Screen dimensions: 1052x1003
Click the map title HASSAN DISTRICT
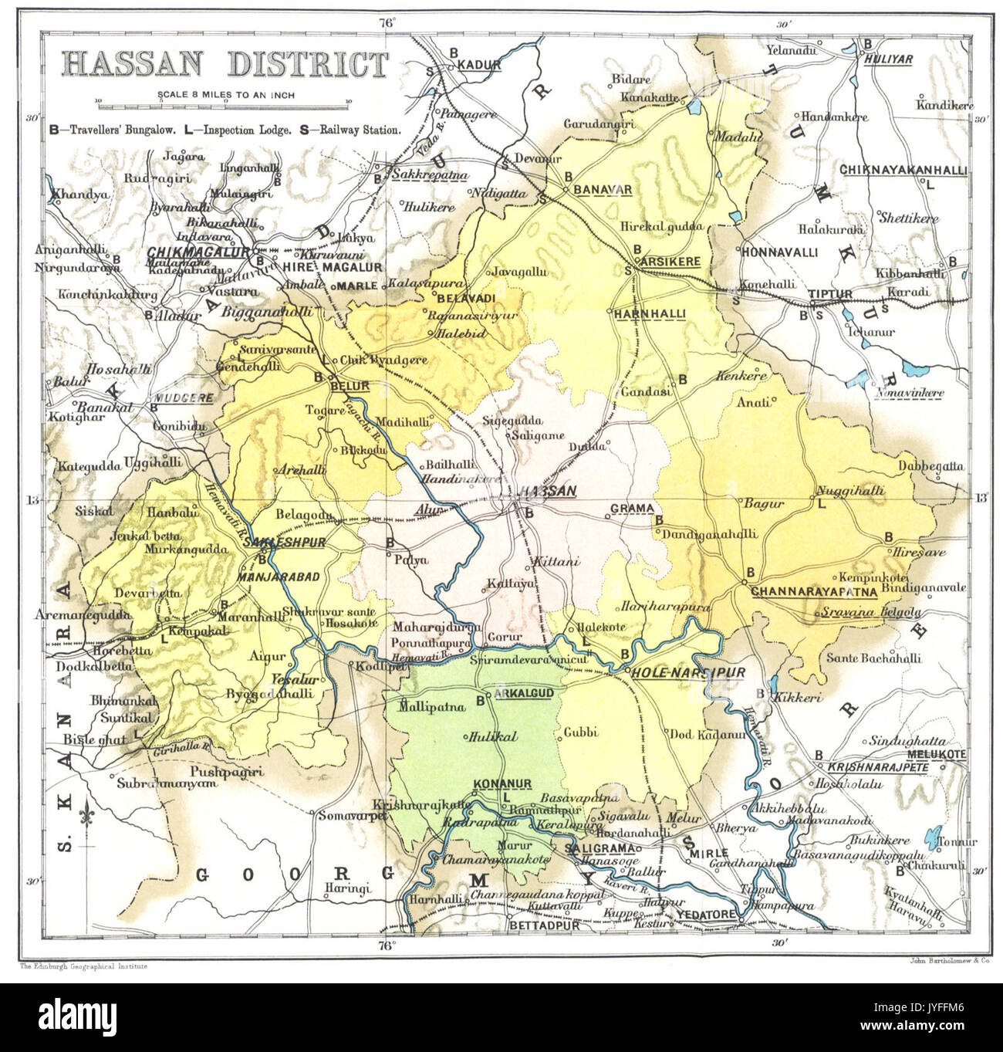tap(225, 64)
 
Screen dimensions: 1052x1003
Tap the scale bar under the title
tap(223, 101)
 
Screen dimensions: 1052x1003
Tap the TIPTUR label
tap(829, 295)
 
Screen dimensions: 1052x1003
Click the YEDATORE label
tap(705, 915)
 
